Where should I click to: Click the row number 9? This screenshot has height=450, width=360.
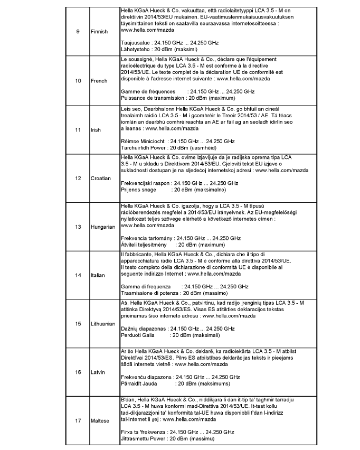[x=78, y=32]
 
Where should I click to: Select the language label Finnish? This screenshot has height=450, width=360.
[x=99, y=32]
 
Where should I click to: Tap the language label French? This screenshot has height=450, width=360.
[x=99, y=81]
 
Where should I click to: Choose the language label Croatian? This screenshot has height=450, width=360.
[x=101, y=178]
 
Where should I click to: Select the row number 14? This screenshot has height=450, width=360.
[x=78, y=275]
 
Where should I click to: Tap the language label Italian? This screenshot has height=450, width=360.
[x=98, y=275]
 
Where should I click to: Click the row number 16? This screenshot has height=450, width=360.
[x=78, y=372]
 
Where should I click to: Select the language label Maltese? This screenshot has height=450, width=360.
[x=100, y=420]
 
